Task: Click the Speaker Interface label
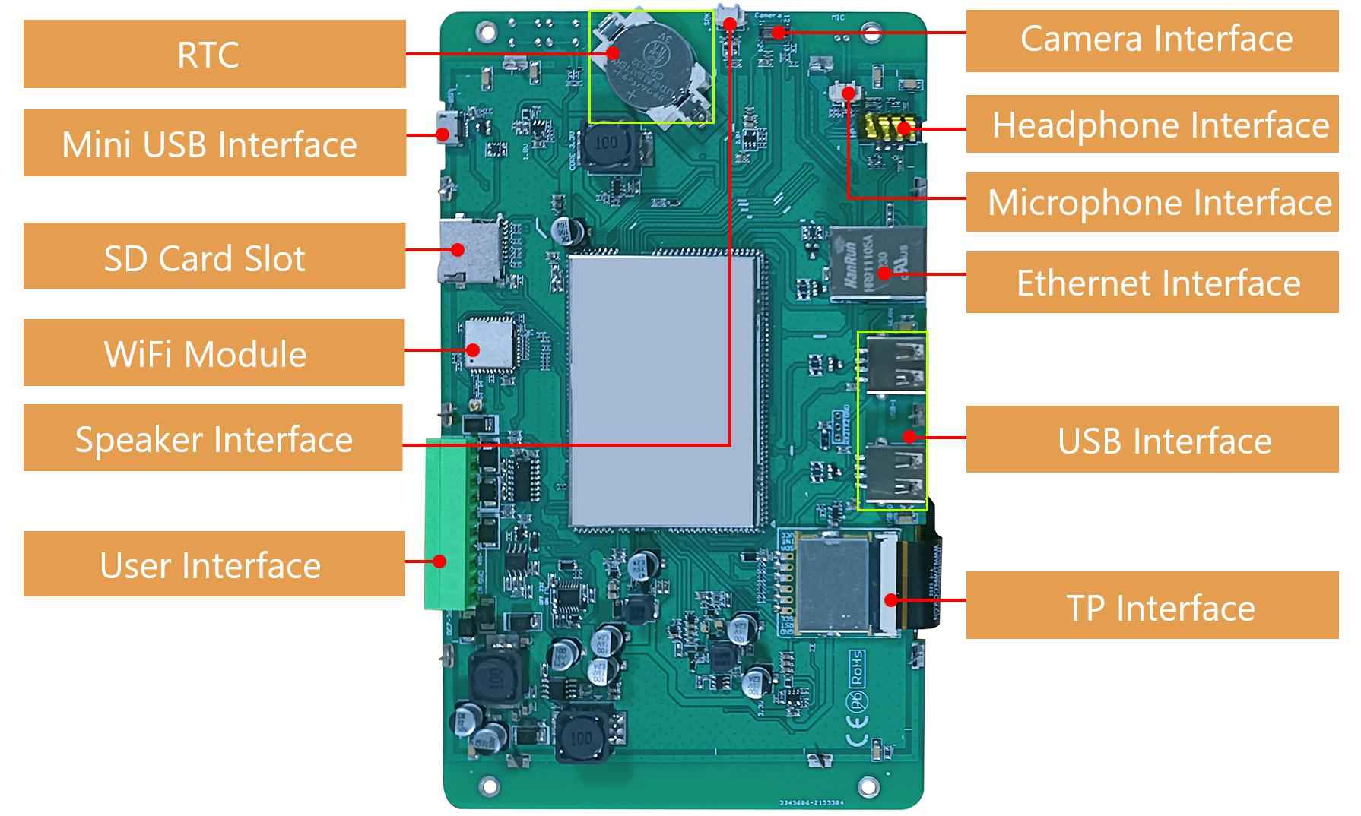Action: pyautogui.click(x=213, y=438)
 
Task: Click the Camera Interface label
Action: pyautogui.click(x=1152, y=40)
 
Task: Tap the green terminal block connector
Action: pyautogui.click(x=450, y=524)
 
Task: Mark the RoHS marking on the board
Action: pyautogui.click(x=856, y=666)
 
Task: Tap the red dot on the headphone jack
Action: pyautogui.click(x=904, y=128)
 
